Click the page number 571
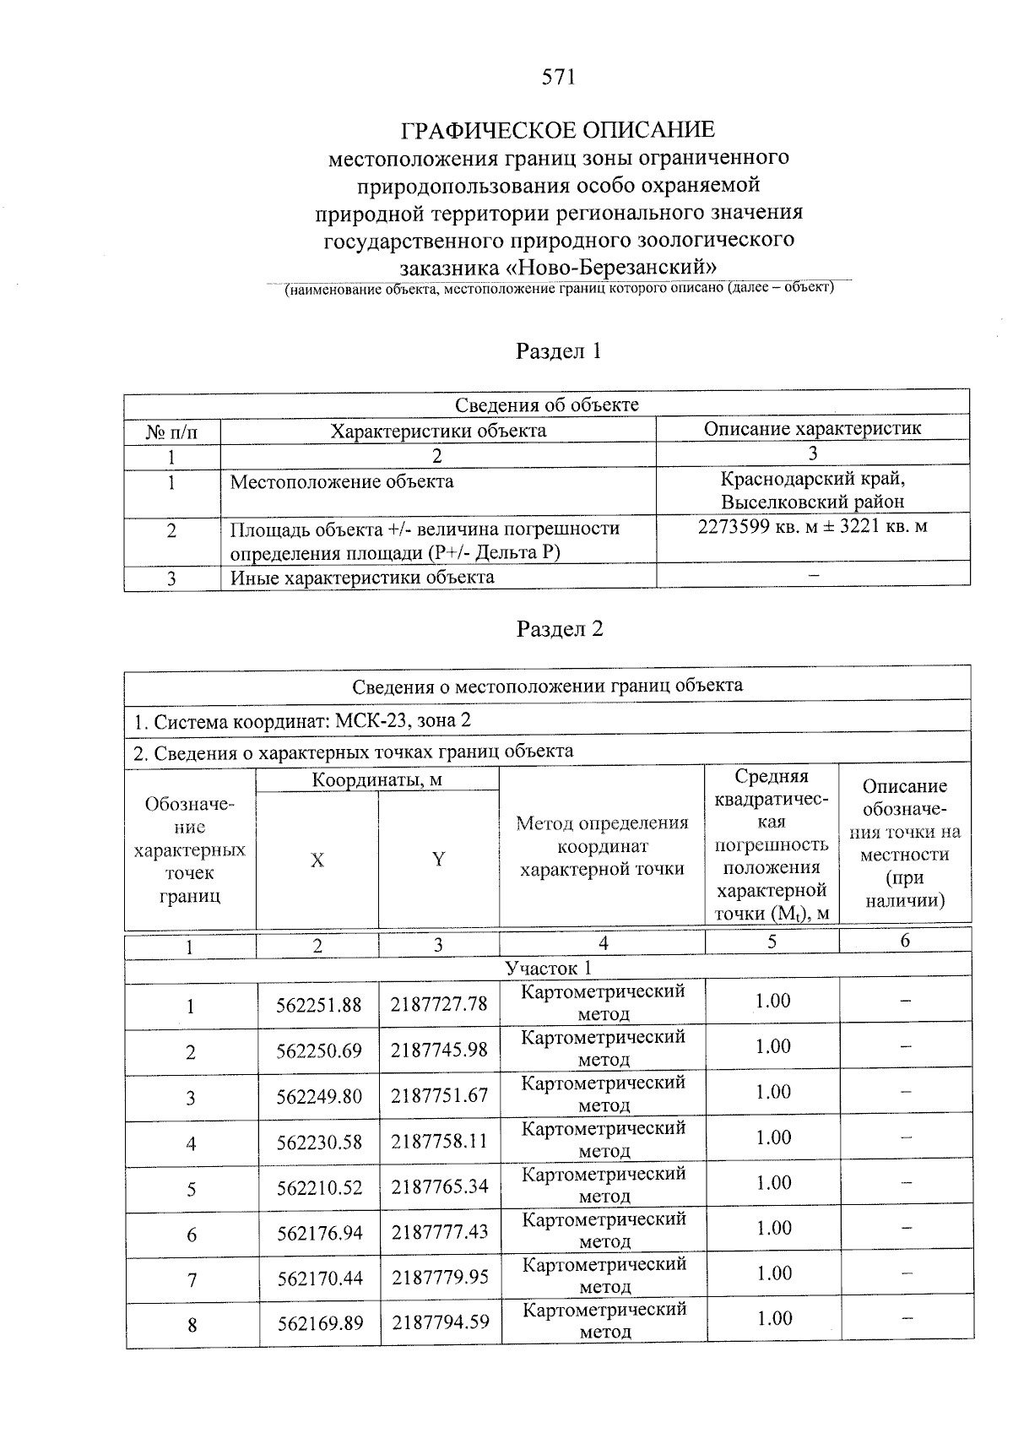click(x=558, y=77)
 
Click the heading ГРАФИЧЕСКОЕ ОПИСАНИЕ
click(x=557, y=130)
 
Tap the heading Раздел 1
click(x=558, y=351)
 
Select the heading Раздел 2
click(x=559, y=629)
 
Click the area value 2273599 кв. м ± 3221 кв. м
click(x=812, y=527)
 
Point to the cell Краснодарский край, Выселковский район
click(x=812, y=490)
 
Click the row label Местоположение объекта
click(x=342, y=482)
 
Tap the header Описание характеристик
click(x=812, y=428)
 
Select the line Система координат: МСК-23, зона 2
click(x=302, y=720)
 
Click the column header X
click(x=317, y=860)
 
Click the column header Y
click(x=438, y=860)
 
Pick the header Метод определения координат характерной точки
click(x=602, y=845)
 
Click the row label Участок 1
click(x=548, y=968)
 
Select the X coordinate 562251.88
click(x=319, y=1005)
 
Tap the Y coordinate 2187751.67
click(x=439, y=1095)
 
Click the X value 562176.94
click(x=320, y=1233)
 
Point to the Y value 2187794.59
click(x=440, y=1322)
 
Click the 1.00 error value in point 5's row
click(x=773, y=1183)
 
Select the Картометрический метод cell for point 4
click(x=604, y=1139)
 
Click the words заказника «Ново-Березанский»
click(x=558, y=268)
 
